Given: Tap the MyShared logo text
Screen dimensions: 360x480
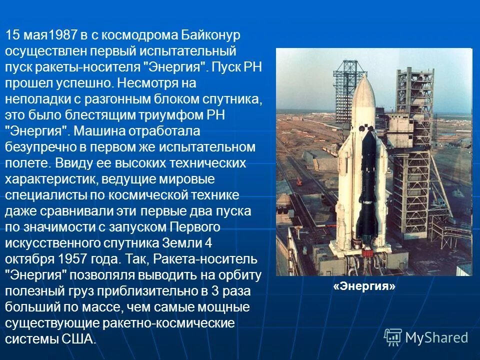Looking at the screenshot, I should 436,337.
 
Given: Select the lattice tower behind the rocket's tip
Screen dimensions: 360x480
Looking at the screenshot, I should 345,90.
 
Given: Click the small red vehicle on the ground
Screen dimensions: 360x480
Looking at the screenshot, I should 298,183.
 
